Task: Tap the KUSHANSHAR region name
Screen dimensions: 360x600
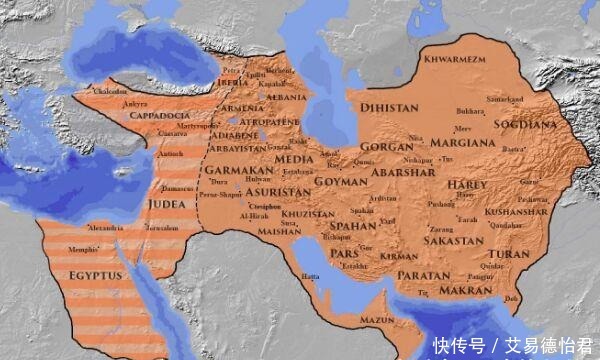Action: pos(516,213)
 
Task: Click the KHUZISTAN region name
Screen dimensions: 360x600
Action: pos(307,214)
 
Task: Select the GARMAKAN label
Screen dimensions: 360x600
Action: pos(232,170)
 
